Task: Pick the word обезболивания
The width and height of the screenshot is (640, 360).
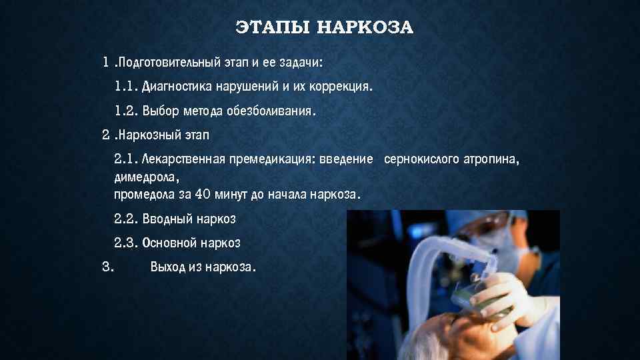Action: pos(273,111)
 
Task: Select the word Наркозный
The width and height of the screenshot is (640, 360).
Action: pos(143,136)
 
